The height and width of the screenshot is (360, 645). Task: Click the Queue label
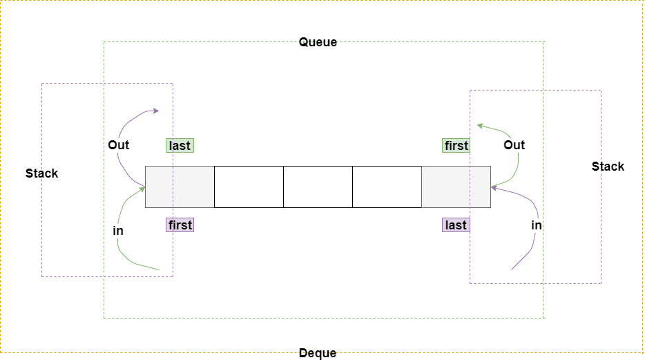tap(318, 42)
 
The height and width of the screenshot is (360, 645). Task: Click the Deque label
tap(318, 353)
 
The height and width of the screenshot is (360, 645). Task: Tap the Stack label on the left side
tap(42, 173)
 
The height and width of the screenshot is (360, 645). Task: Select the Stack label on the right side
tap(608, 167)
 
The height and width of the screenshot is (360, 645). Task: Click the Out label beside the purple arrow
tap(119, 145)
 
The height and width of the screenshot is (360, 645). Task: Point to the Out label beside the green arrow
tap(514, 145)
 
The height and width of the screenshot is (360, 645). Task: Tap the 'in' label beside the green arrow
tap(118, 231)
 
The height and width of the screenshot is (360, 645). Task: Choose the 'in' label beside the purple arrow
tap(537, 225)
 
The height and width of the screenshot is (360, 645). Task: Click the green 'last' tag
tap(180, 146)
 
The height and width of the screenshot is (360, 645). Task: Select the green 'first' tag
tap(456, 146)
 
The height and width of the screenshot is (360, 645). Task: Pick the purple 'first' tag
tap(180, 225)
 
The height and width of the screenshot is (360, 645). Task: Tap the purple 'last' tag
tap(456, 225)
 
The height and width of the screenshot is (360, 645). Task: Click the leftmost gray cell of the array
tap(180, 187)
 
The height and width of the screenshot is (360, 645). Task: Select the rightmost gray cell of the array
tap(456, 187)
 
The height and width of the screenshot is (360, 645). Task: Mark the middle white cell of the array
tap(318, 187)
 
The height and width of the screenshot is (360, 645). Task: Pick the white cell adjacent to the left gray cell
tap(249, 187)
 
